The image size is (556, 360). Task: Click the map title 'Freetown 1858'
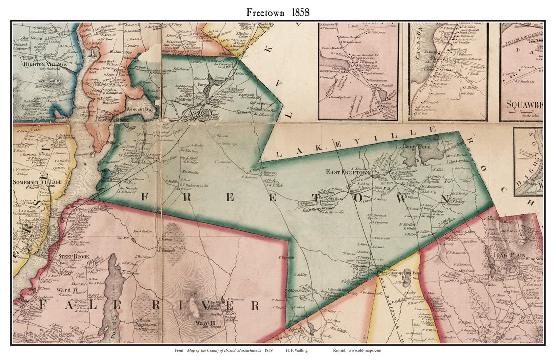point(278,12)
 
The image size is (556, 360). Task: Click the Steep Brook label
point(73,256)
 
